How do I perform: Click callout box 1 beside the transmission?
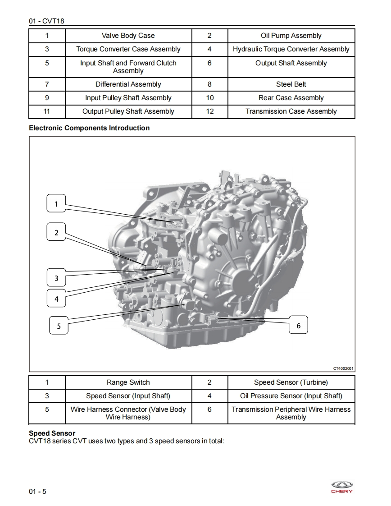(x=56, y=204)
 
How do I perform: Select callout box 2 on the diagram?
(x=56, y=233)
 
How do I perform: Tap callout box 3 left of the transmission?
(x=56, y=278)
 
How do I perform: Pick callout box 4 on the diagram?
(x=56, y=299)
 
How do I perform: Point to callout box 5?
(x=59, y=326)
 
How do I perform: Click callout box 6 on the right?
(x=298, y=325)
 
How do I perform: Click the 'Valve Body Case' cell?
(x=128, y=36)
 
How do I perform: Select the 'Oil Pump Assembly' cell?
(x=291, y=36)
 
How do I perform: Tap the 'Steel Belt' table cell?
(x=291, y=84)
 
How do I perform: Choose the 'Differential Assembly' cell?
(x=128, y=84)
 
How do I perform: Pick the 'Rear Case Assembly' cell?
(x=291, y=98)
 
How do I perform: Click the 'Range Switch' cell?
(x=128, y=382)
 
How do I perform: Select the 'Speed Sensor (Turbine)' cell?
(x=291, y=382)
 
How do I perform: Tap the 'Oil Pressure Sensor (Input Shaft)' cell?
(x=291, y=396)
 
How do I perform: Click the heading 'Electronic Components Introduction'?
(x=89, y=128)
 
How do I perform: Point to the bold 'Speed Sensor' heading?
(x=52, y=433)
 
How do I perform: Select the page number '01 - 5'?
(x=37, y=491)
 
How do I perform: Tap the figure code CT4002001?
(x=343, y=368)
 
